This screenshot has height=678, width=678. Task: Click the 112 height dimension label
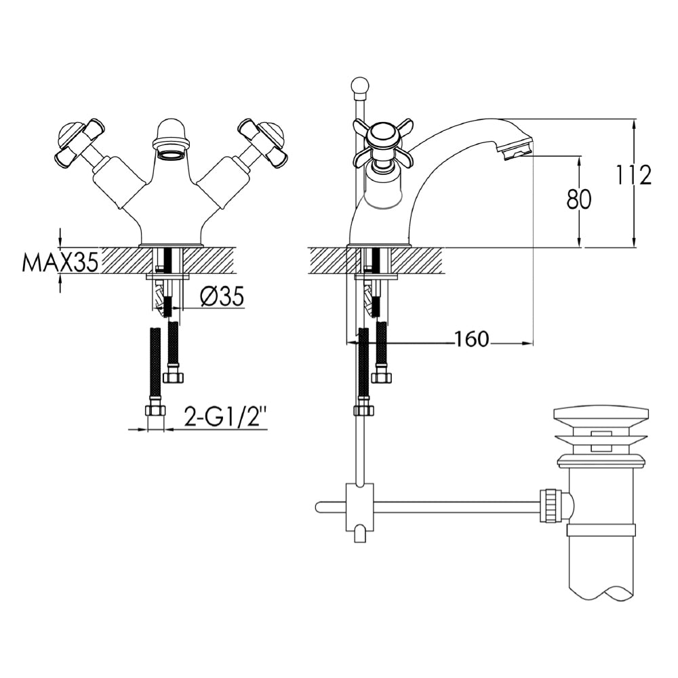click(x=634, y=175)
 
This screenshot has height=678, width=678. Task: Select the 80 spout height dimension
click(x=578, y=200)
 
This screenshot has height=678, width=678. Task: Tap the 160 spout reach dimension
click(x=472, y=340)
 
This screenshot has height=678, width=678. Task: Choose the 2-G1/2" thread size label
click(x=226, y=418)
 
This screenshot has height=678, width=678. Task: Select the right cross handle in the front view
click(x=262, y=143)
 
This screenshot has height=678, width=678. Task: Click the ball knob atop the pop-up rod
click(x=359, y=85)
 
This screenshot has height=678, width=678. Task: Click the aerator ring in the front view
click(x=170, y=155)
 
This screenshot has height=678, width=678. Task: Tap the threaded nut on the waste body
click(x=551, y=506)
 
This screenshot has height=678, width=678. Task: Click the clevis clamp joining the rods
click(x=359, y=505)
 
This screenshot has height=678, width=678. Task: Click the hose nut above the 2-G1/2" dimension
click(x=156, y=410)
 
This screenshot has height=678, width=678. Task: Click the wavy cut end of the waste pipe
click(x=601, y=595)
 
